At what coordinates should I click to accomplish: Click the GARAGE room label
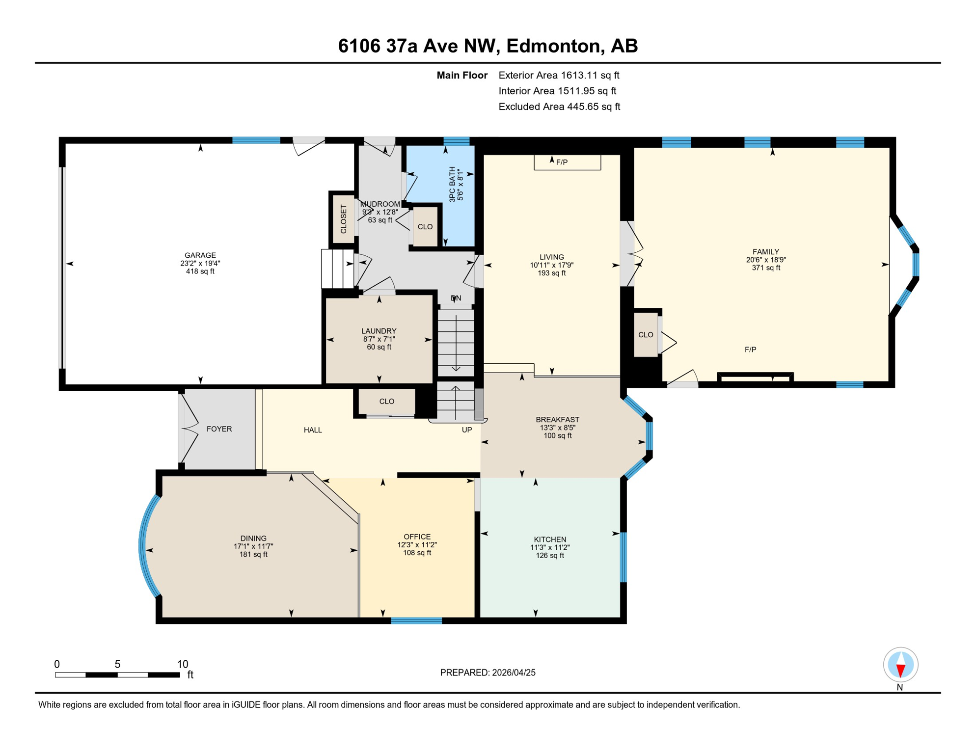(x=200, y=255)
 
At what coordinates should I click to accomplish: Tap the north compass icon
(x=900, y=665)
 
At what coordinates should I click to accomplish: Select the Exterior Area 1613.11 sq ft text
(x=559, y=75)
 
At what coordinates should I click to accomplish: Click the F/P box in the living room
(x=567, y=162)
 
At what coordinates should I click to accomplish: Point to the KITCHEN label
(x=550, y=539)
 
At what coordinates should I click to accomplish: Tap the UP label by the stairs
(x=467, y=430)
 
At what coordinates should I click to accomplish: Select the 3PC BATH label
(x=452, y=185)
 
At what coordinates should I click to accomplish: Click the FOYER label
(x=219, y=429)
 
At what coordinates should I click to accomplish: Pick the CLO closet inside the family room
(x=646, y=335)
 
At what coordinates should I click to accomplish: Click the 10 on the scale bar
(x=183, y=664)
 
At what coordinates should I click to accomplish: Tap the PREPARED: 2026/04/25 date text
(x=488, y=673)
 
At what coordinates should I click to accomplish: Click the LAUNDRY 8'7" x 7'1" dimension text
(x=379, y=339)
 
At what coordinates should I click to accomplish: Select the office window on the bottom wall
(x=416, y=621)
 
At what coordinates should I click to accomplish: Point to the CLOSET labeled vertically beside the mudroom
(x=344, y=219)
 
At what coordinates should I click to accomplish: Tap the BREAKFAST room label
(x=557, y=420)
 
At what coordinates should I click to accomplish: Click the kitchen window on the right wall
(x=624, y=557)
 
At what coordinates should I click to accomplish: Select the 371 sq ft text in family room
(x=766, y=268)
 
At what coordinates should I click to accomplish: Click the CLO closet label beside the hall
(x=386, y=402)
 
